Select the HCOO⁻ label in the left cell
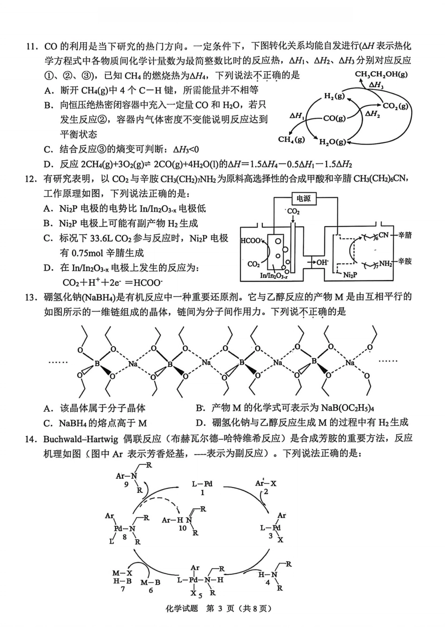(x=251, y=241)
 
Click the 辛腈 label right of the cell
(x=405, y=235)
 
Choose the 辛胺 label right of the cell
(x=405, y=261)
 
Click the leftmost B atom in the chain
(x=97, y=363)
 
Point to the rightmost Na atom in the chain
(x=349, y=363)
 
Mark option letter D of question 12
(x=47, y=268)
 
